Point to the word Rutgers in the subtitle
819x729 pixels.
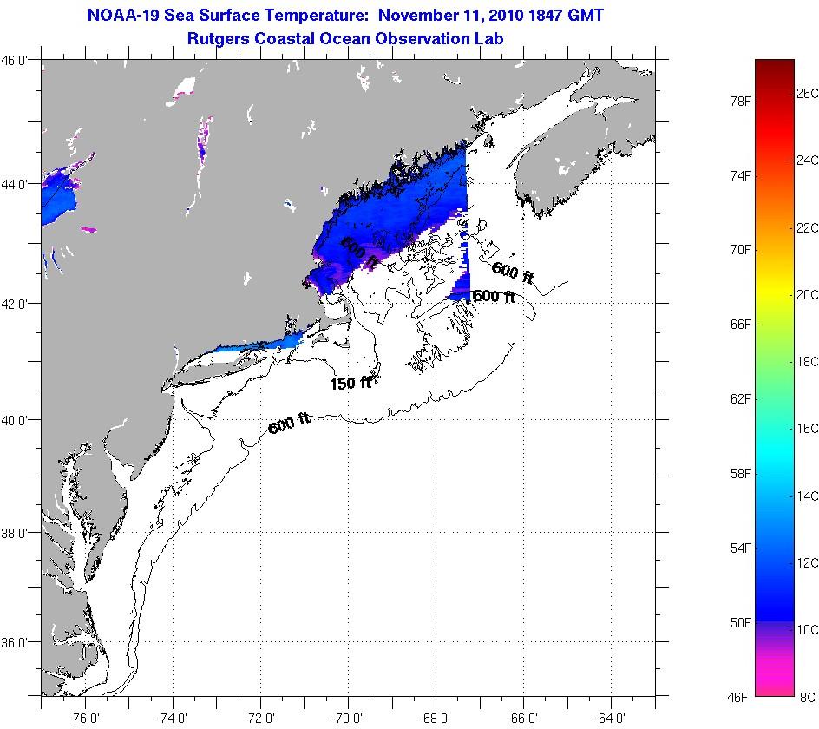219,38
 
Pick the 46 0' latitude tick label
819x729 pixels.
16,60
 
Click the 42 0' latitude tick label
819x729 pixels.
16,304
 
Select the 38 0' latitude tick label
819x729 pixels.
16,532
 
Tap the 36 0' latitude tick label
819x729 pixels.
16,643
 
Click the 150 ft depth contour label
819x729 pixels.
351,383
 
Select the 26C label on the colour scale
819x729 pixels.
807,93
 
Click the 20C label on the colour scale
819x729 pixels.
807,295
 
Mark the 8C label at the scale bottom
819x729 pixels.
807,697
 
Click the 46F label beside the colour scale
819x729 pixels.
739,697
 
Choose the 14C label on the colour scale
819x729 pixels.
807,496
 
